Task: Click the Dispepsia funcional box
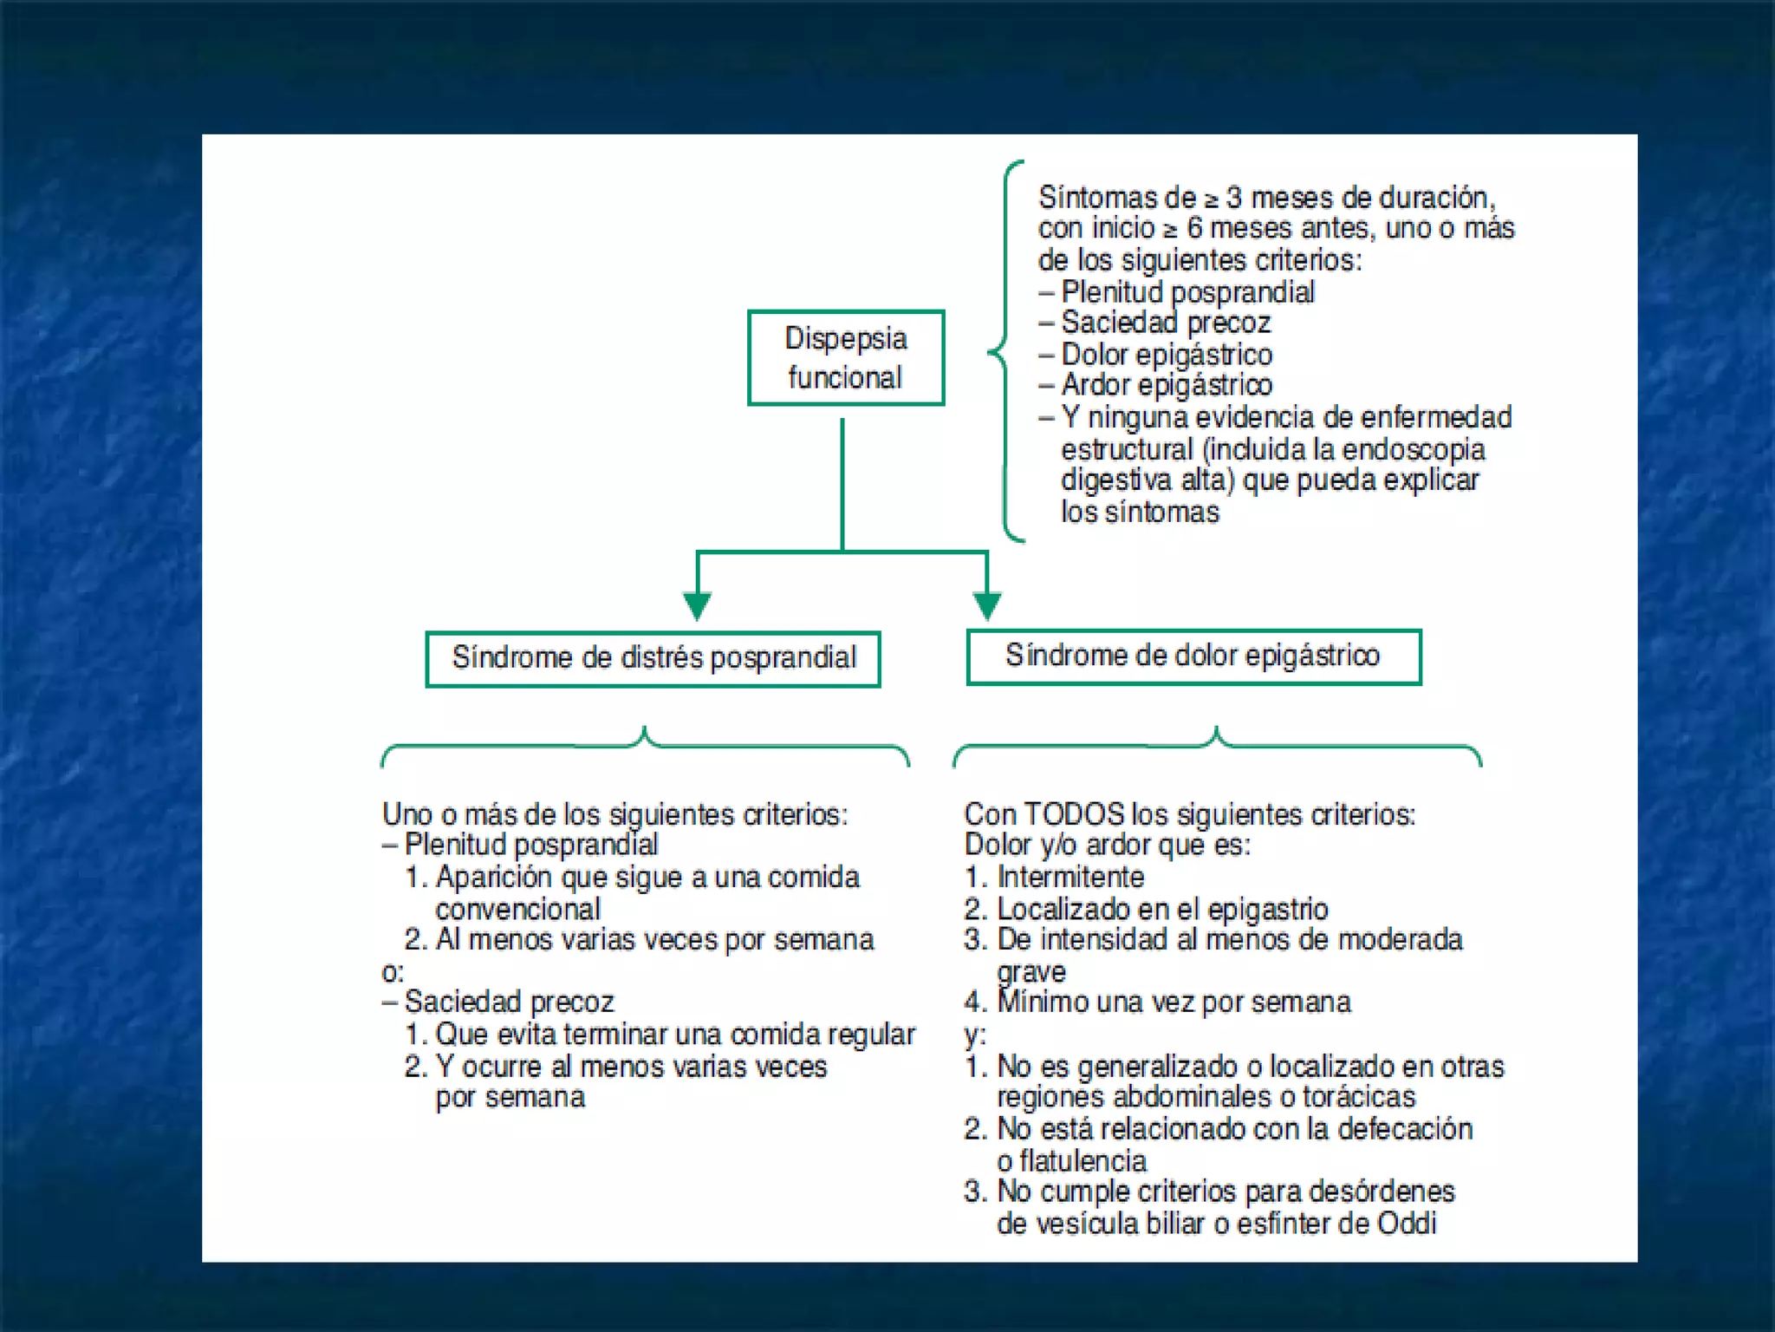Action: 846,357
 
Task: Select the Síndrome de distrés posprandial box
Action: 653,658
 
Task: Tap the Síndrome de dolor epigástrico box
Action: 1193,656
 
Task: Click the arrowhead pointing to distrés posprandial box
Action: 698,604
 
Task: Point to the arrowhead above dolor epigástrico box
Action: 987,604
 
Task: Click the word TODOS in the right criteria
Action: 1074,814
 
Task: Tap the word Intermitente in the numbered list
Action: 1070,877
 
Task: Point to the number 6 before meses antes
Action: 1194,228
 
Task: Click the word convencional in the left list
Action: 517,909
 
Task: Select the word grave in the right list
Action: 1031,972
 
